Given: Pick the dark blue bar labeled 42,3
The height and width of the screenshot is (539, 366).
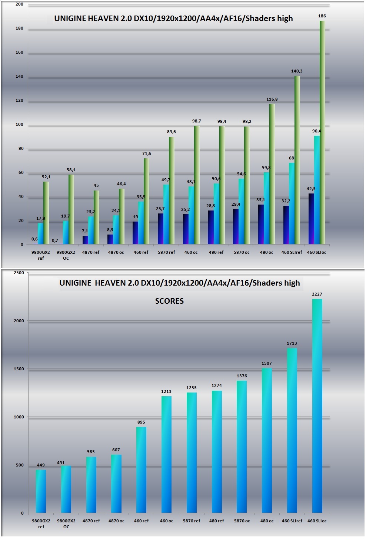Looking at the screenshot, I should click(311, 219).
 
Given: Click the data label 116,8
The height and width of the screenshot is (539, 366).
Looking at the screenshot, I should click(272, 100).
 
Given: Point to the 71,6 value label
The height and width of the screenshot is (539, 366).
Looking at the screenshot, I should click(146, 154).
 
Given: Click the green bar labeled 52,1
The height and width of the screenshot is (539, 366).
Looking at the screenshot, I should click(46, 213).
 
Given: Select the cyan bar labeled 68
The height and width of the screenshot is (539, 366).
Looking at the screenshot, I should click(292, 203).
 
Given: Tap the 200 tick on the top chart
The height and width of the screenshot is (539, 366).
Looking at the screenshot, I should click(20, 4).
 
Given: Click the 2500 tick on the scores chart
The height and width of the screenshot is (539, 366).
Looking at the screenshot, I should click(19, 273).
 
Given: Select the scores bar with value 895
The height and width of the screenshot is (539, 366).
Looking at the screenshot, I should click(141, 470).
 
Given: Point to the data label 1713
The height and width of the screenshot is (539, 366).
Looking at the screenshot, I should click(292, 344).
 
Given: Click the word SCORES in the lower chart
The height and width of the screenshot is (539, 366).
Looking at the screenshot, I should click(169, 301).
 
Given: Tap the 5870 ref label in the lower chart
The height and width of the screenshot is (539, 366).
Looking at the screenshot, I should click(192, 521).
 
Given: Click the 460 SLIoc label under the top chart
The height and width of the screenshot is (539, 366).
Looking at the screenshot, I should click(317, 252).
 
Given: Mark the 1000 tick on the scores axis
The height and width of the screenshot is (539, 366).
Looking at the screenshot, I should click(19, 417).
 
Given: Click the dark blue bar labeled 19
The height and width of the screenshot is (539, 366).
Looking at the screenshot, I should click(135, 233).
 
